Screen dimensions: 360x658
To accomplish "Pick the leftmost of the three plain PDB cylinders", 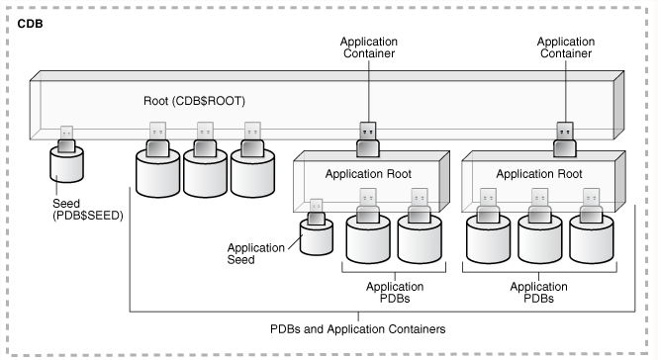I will click(159, 174).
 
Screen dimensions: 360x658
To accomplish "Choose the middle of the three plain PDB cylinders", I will click(207, 174).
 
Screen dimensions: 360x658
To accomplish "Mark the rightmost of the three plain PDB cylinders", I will click(254, 174).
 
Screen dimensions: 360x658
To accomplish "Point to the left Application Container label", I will click(368, 48).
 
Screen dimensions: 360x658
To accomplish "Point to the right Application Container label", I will click(565, 48).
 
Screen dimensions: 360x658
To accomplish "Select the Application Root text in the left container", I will click(368, 173).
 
